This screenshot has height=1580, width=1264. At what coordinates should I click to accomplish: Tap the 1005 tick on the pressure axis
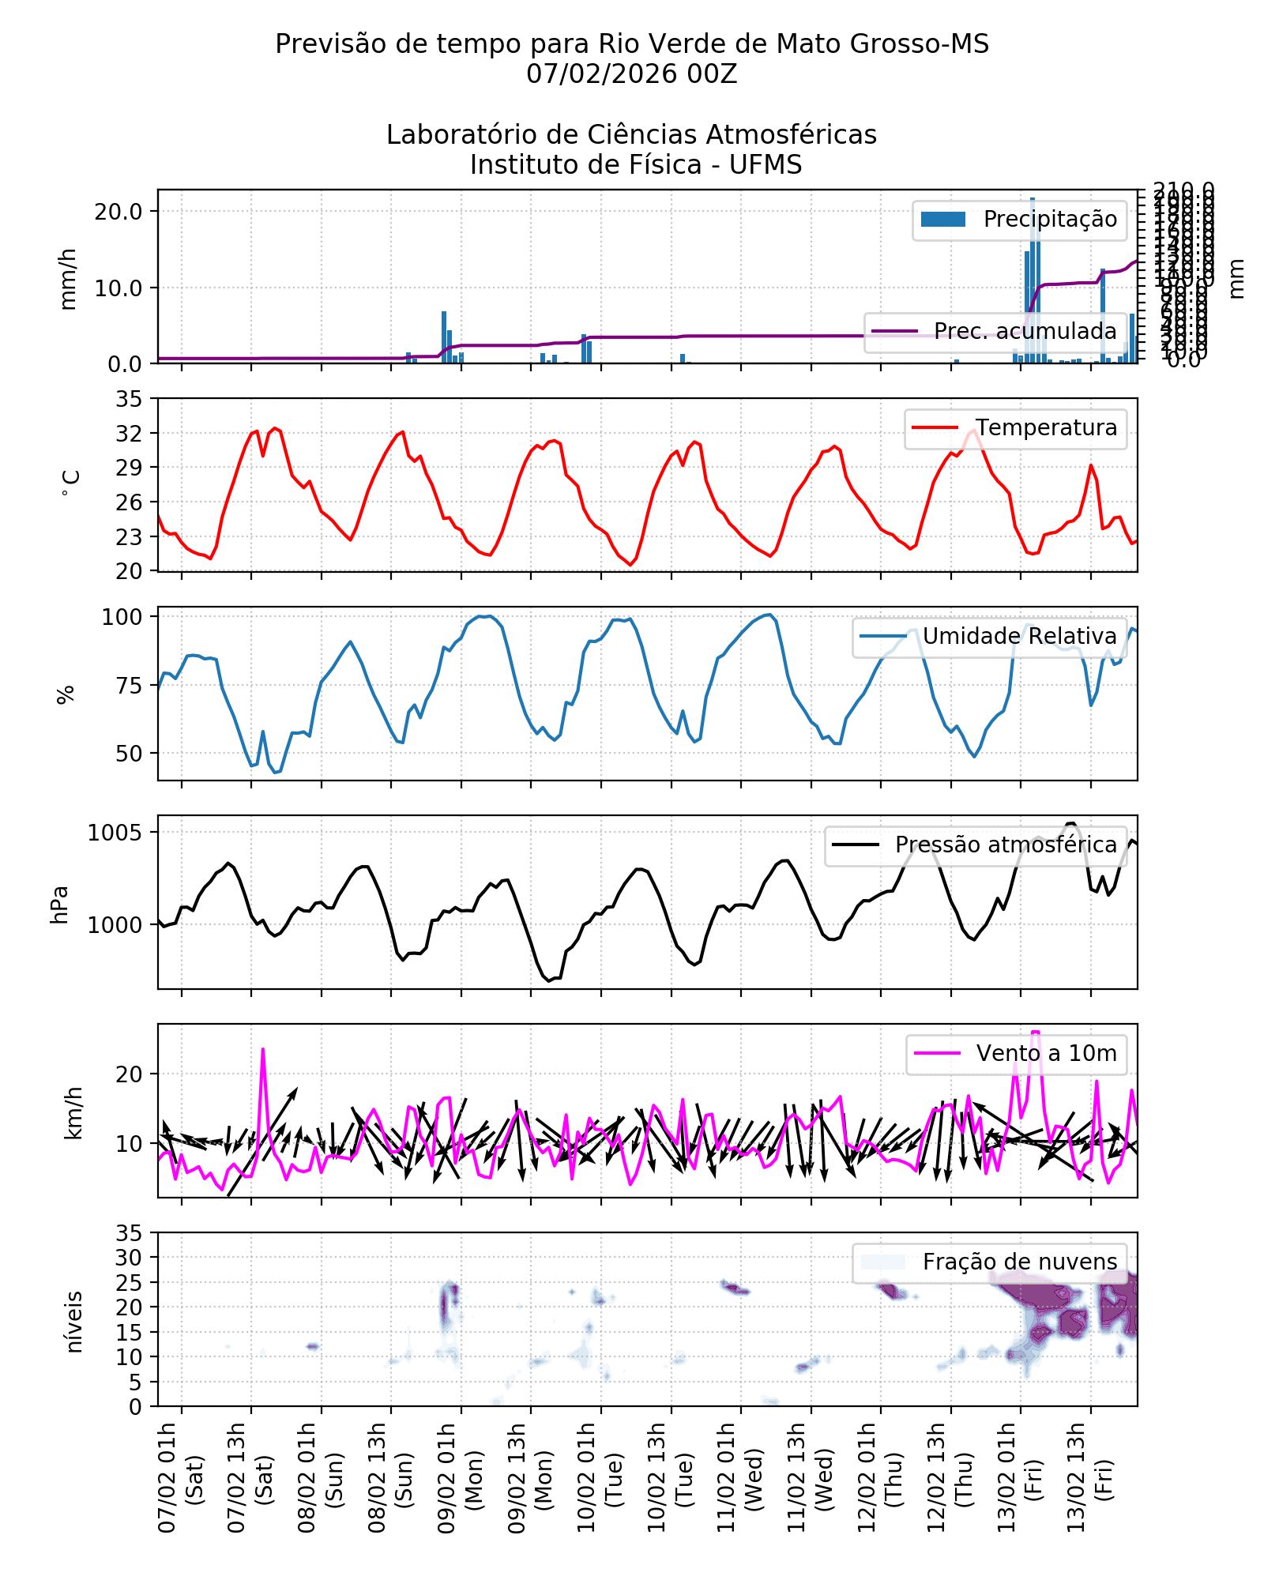click(115, 833)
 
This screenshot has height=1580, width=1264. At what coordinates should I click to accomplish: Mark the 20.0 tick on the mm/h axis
click(118, 212)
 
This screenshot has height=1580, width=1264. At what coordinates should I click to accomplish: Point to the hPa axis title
click(60, 905)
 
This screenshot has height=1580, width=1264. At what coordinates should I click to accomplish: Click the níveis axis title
click(74, 1322)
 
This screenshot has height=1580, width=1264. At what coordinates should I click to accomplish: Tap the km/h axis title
click(73, 1112)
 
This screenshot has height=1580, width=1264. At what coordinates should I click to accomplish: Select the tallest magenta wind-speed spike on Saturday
click(263, 1051)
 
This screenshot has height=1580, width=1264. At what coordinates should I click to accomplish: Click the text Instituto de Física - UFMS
click(635, 165)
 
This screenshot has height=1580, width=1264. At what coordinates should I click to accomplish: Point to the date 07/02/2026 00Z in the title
click(631, 74)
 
